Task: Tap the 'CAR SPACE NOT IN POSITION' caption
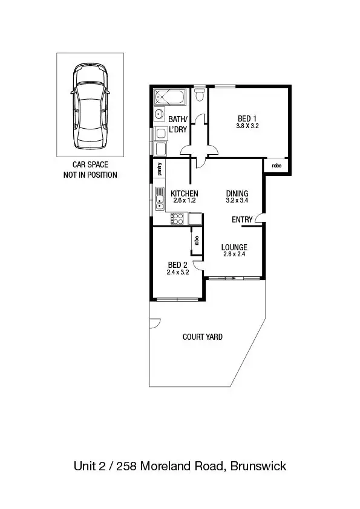coord(90,170)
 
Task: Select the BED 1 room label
coord(245,118)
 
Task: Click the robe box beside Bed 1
coord(277,165)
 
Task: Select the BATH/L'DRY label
coord(178,124)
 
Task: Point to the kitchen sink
coord(159,198)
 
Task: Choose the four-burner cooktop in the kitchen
coord(178,218)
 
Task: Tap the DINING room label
coord(237,193)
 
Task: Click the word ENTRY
coord(242,220)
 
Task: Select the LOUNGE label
coord(234,247)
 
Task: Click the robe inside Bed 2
coord(197,240)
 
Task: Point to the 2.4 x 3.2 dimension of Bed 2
coord(178,273)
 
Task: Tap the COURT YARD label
coord(202,337)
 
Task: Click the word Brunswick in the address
coord(258,466)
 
